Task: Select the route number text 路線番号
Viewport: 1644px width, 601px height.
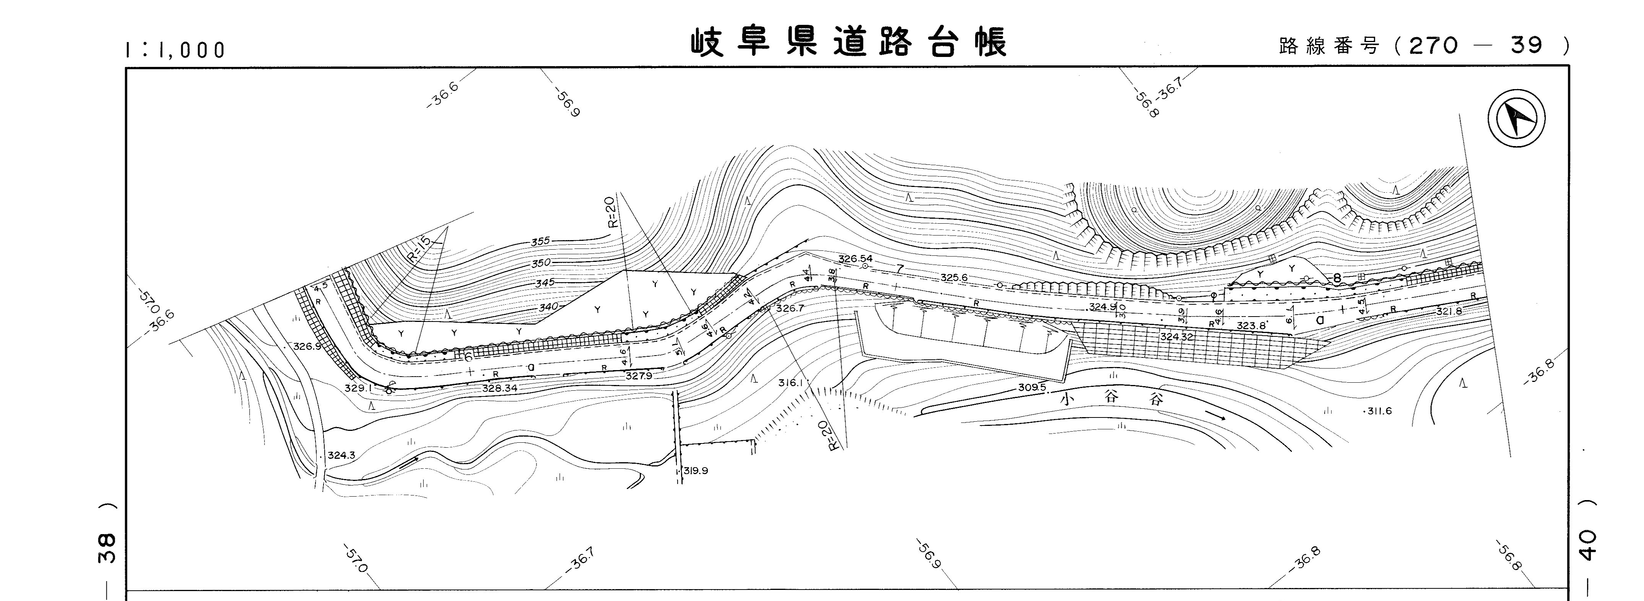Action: [1329, 46]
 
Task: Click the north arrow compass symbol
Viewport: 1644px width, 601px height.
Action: [1516, 119]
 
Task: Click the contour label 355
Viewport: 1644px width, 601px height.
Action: [540, 242]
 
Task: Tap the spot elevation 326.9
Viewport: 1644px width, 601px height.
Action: [307, 346]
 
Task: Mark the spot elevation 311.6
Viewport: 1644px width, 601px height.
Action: [1378, 411]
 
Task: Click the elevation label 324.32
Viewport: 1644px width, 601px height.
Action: [1176, 336]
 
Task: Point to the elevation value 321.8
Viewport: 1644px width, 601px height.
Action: [1449, 311]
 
